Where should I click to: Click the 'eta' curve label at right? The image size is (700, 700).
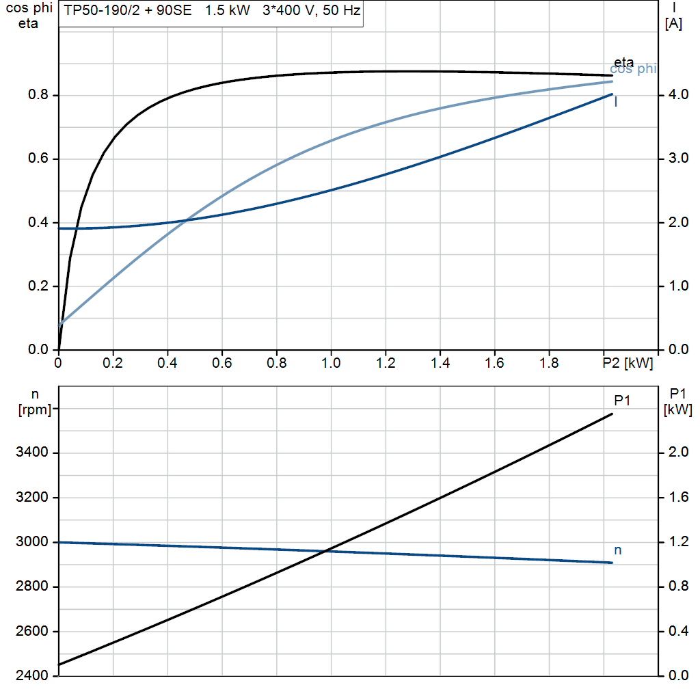tap(623, 62)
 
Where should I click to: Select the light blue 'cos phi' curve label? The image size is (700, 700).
tap(633, 69)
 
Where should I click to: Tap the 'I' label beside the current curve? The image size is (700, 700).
tap(617, 102)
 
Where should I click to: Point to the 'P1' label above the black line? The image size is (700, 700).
tap(621, 401)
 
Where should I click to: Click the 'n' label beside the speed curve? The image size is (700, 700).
tap(618, 550)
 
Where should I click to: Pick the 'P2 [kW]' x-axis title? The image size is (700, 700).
tap(628, 364)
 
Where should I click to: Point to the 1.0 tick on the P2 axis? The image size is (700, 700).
tap(331, 364)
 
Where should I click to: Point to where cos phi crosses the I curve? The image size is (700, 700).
tap(185, 220)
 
